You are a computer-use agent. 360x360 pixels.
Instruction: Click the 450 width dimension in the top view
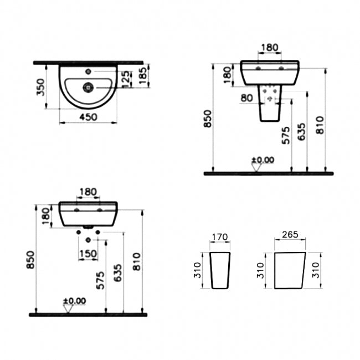[x=89, y=117]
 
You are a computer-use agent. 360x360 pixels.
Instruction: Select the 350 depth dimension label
[x=41, y=87]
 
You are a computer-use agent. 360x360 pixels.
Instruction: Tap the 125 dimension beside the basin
[x=126, y=79]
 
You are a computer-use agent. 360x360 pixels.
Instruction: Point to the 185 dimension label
[x=143, y=75]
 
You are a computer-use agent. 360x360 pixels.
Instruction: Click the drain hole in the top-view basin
[x=88, y=87]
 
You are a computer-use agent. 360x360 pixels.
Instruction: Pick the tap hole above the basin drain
[x=88, y=71]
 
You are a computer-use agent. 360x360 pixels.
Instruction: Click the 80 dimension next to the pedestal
[x=246, y=98]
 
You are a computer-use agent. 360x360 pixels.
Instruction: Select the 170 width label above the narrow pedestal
[x=220, y=237]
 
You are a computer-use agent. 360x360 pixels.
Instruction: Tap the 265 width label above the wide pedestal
[x=290, y=234]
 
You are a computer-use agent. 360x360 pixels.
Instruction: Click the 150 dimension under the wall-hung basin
[x=88, y=254]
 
